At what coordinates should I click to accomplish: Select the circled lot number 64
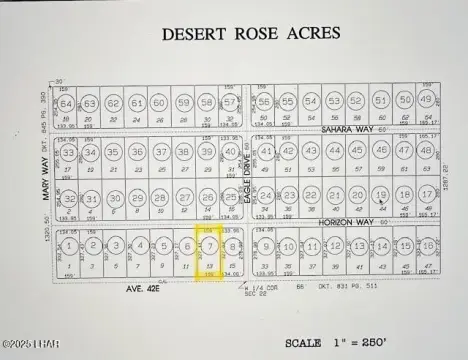66,103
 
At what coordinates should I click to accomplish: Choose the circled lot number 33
68,153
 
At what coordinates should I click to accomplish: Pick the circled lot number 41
266,152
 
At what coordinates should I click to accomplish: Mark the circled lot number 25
231,196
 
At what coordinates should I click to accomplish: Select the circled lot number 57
231,102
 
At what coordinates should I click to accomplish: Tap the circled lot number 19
381,195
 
